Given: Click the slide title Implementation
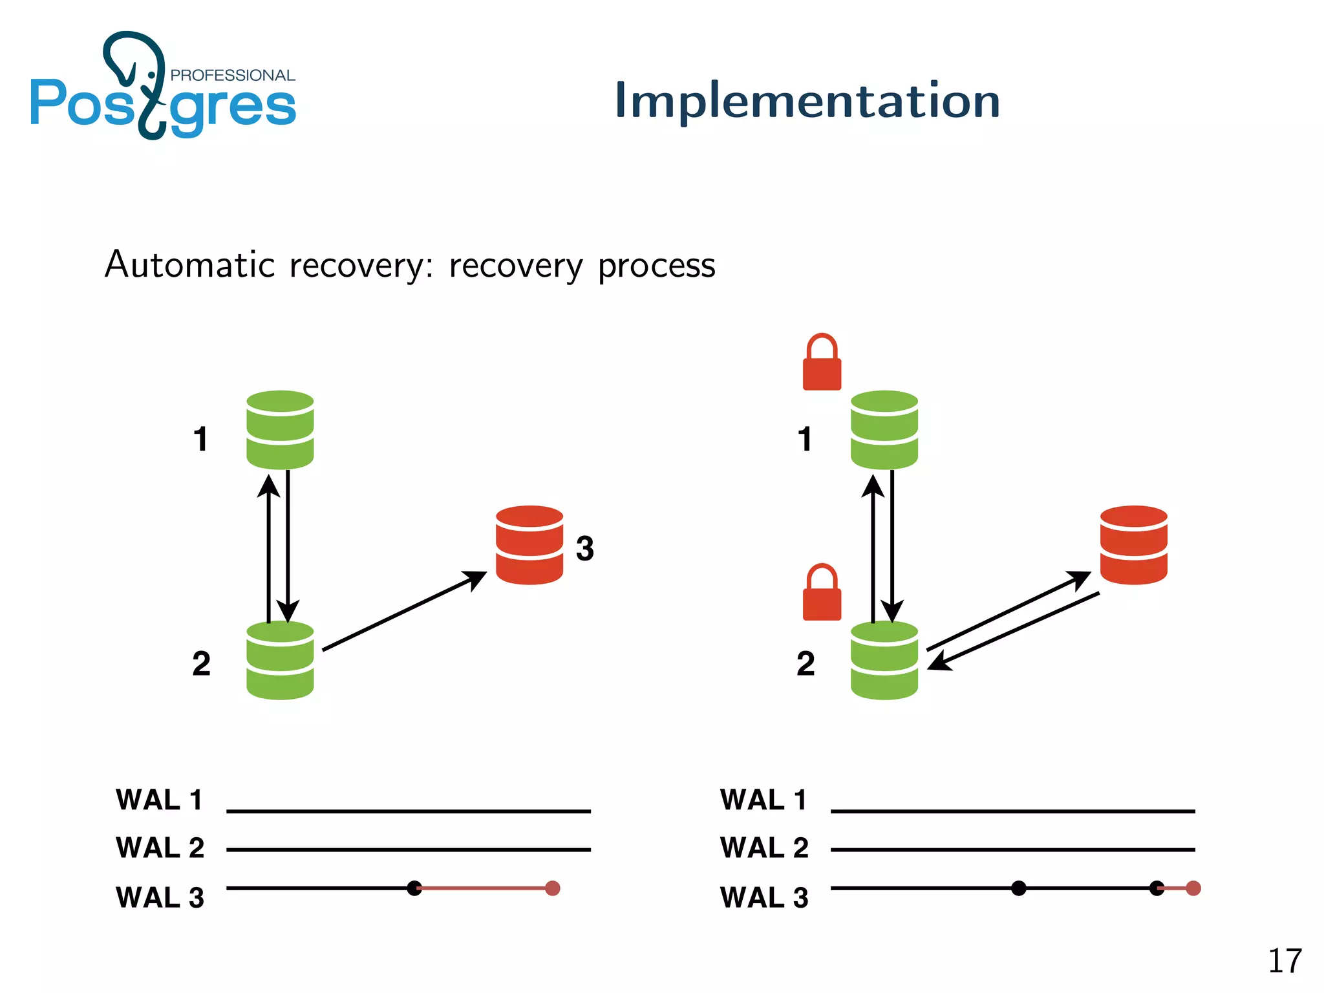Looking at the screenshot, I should click(x=807, y=101).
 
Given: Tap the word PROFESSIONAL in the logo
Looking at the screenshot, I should click(x=232, y=76).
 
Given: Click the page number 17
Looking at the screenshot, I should click(x=1284, y=961).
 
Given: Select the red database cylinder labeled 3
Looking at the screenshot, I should click(x=529, y=545).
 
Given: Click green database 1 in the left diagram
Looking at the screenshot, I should click(x=280, y=430).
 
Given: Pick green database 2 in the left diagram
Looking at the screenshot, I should click(x=280, y=660).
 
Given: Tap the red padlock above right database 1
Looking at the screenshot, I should click(x=822, y=363).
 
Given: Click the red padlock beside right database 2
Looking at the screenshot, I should click(x=822, y=593).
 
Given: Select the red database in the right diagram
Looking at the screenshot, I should click(x=1133, y=545).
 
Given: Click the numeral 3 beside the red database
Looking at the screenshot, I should click(x=584, y=548).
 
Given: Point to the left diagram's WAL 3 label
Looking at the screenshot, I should click(x=160, y=897).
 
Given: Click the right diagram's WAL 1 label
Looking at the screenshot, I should click(x=763, y=800).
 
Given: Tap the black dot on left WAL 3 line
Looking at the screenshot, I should click(x=414, y=888).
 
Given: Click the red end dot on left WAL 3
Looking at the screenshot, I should click(x=552, y=888).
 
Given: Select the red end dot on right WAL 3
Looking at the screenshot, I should click(x=1193, y=888).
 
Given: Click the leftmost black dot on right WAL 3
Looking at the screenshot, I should click(x=1019, y=888).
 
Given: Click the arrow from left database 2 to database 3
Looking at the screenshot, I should click(x=404, y=611).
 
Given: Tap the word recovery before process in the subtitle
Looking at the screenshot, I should click(x=516, y=266).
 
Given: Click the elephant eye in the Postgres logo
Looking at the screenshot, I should click(x=152, y=75).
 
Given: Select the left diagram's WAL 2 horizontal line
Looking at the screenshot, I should click(x=409, y=849).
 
